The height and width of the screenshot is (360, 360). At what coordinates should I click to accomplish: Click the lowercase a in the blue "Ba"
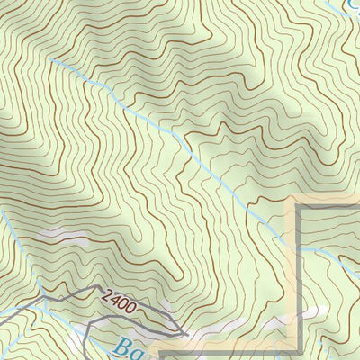[140, 352]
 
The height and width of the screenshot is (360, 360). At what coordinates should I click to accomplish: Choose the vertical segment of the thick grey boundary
[298, 279]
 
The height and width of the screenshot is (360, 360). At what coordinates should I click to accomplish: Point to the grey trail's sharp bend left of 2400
[60, 290]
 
